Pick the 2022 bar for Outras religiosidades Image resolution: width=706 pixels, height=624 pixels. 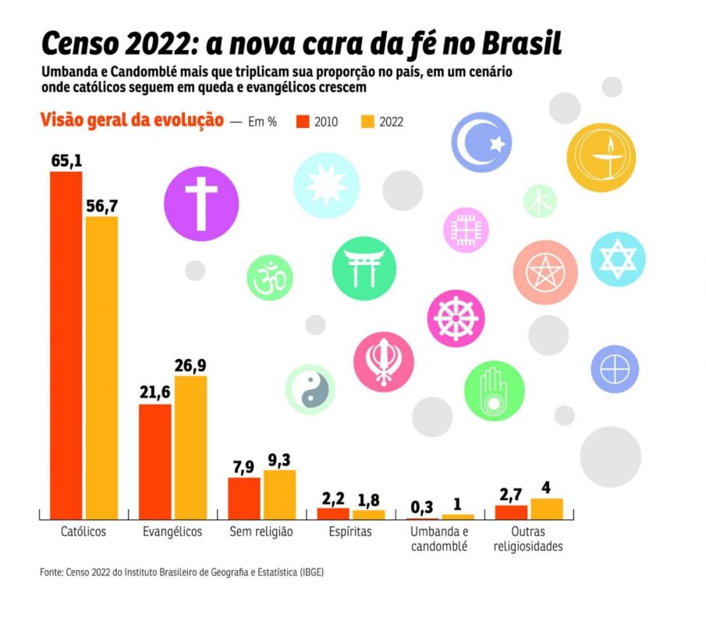[x=547, y=509]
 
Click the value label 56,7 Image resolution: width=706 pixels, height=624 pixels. [x=101, y=205]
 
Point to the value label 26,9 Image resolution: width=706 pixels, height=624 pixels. [x=190, y=365]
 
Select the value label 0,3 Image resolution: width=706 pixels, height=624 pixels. [x=422, y=507]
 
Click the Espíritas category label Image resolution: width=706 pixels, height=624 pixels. [x=349, y=532]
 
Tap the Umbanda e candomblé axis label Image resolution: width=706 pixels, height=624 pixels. [x=438, y=539]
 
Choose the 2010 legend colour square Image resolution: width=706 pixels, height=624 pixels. [x=303, y=122]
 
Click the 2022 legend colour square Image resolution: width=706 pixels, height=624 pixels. [x=368, y=122]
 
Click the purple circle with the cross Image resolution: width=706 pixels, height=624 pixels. [x=201, y=204]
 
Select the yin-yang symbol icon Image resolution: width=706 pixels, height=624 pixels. [x=310, y=388]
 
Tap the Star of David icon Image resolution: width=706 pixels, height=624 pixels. [x=617, y=257]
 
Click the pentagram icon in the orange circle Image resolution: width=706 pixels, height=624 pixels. [x=545, y=272]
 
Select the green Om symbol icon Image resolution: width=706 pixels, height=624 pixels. [x=270, y=278]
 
